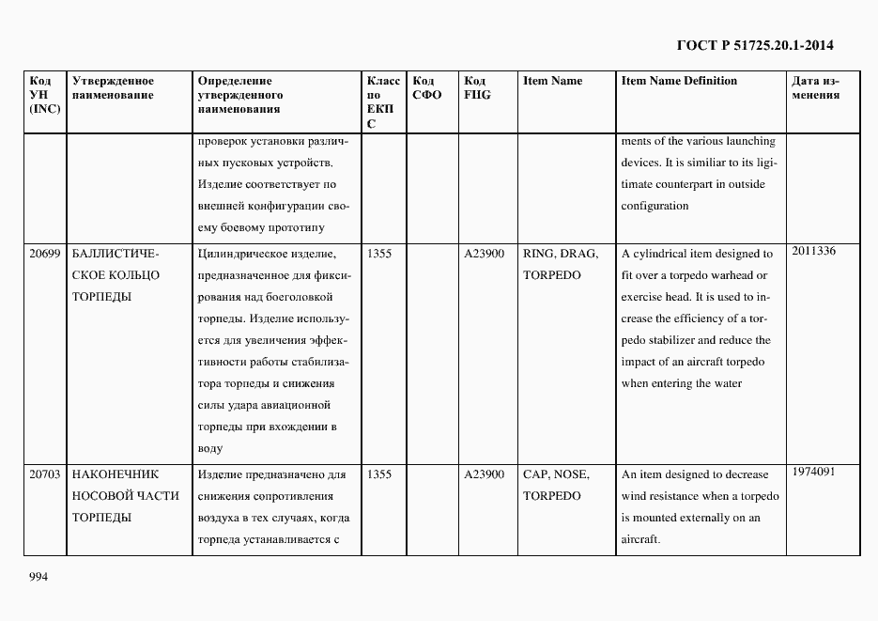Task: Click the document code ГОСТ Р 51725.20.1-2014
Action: [755, 45]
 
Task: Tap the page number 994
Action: [39, 576]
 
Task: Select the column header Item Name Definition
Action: [679, 81]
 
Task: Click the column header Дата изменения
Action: [815, 88]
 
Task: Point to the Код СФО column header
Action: [426, 88]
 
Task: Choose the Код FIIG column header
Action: [477, 88]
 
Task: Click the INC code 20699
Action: [44, 254]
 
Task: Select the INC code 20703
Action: [44, 474]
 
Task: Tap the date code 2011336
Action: [813, 251]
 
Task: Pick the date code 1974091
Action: [813, 472]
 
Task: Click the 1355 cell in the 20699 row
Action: [378, 254]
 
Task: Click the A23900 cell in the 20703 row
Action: [484, 474]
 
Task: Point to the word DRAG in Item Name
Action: [578, 254]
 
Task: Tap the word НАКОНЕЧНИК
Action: [116, 474]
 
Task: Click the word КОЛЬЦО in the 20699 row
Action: [136, 275]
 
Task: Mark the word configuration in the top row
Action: [655, 206]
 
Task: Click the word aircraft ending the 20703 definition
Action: [641, 539]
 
